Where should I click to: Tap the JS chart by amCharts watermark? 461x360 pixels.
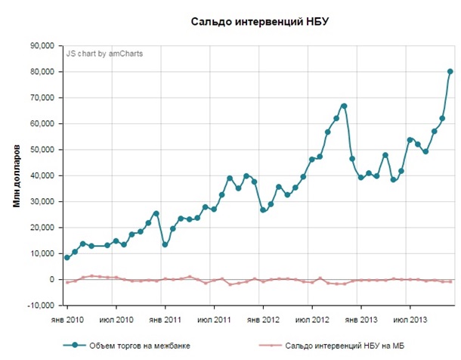pyautogui.click(x=104, y=54)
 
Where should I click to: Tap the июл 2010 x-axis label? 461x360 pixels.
pyautogui.click(x=116, y=321)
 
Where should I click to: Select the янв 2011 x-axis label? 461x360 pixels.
pyautogui.click(x=165, y=321)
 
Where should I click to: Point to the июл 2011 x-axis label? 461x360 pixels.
pyautogui.click(x=215, y=321)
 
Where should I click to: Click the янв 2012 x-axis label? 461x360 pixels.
pyautogui.click(x=263, y=321)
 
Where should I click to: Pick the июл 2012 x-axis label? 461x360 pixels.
pyautogui.click(x=312, y=321)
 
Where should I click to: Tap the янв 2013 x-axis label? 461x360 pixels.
pyautogui.click(x=361, y=321)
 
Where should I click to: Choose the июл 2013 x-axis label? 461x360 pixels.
pyautogui.click(x=410, y=321)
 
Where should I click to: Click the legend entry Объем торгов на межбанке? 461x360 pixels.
pyautogui.click(x=139, y=346)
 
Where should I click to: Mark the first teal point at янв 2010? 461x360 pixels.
pyautogui.click(x=67, y=258)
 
